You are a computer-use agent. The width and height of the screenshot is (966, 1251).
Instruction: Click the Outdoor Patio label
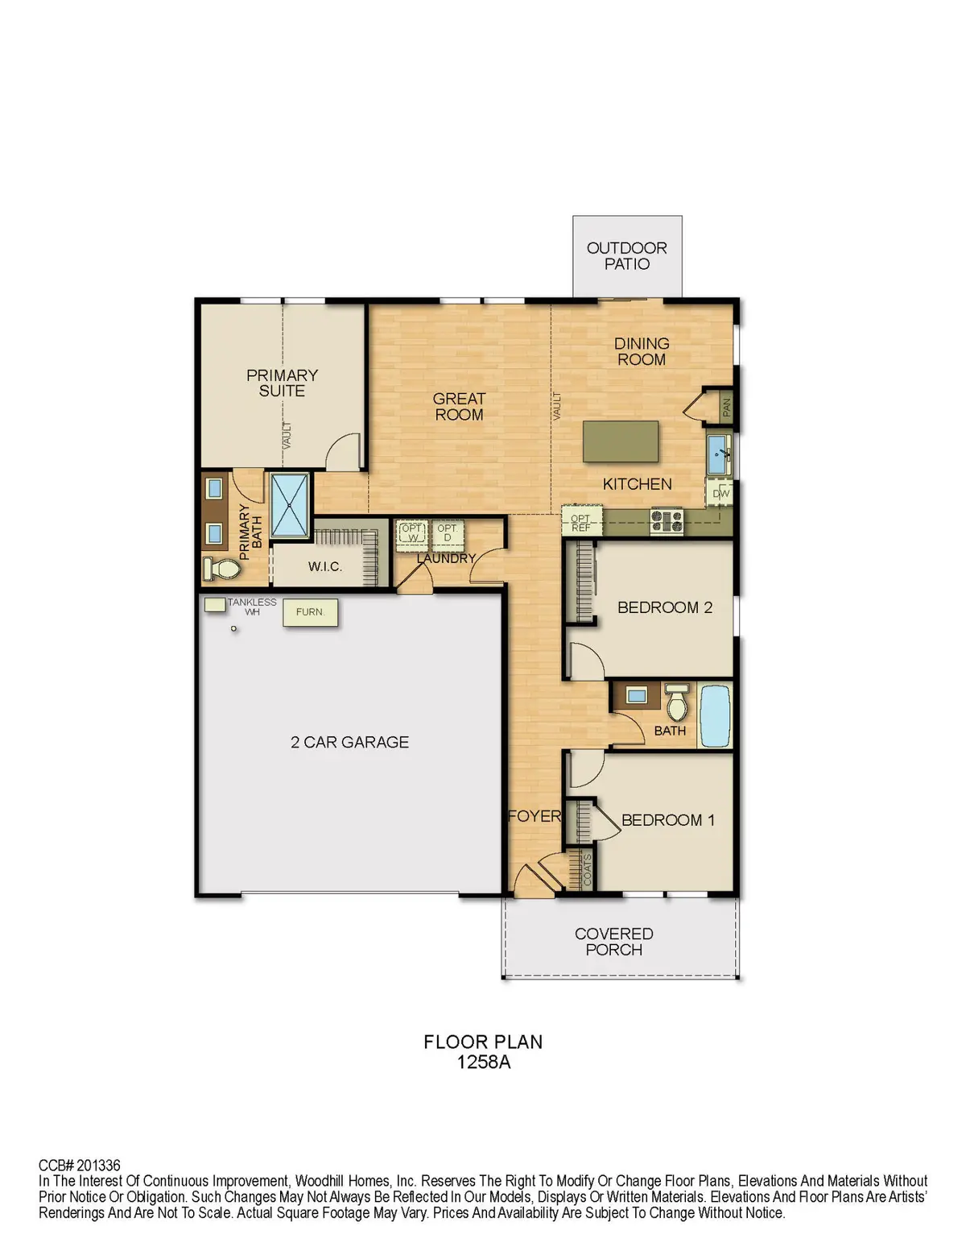[626, 256]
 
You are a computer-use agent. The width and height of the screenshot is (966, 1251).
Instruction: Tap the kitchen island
[621, 441]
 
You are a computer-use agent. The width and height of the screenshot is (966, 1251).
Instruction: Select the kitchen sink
[718, 455]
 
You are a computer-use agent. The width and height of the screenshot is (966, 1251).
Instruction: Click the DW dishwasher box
[720, 493]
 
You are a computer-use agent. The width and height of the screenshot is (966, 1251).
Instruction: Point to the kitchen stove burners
[667, 521]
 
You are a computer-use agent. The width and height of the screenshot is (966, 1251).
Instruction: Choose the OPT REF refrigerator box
[580, 523]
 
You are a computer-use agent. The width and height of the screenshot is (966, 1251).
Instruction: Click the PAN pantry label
[726, 406]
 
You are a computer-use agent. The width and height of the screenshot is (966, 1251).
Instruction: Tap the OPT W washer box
[411, 533]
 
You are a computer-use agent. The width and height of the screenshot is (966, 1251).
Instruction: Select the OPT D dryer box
[447, 533]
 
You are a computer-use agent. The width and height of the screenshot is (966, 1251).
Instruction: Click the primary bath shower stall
[290, 505]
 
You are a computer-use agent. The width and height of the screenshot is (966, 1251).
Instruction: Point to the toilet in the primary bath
[221, 569]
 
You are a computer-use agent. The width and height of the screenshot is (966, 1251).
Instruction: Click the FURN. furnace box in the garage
[310, 613]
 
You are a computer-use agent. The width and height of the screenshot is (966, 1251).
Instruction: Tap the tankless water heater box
[214, 604]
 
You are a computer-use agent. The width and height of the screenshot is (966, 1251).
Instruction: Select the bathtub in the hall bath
[715, 716]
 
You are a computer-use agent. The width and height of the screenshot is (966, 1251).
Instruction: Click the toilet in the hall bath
[677, 703]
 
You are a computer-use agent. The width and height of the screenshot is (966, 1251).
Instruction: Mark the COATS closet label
[587, 870]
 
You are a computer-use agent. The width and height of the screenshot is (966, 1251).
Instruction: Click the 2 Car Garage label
[349, 742]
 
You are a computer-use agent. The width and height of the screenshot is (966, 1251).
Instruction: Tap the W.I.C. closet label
[324, 567]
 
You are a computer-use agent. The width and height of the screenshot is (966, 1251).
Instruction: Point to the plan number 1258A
[483, 1063]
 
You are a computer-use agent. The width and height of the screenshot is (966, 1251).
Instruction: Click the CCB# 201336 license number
[80, 1166]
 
